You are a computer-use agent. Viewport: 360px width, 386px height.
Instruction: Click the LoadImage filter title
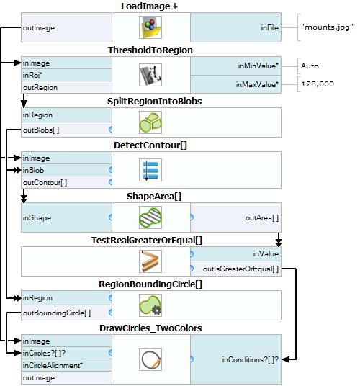click(x=145, y=6)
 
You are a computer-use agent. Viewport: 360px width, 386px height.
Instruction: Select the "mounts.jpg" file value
click(x=327, y=27)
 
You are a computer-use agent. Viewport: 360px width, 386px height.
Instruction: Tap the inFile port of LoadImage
click(x=270, y=27)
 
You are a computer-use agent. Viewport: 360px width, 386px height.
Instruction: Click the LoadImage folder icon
click(x=150, y=27)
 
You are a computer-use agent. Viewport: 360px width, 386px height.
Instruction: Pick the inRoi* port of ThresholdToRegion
click(x=32, y=75)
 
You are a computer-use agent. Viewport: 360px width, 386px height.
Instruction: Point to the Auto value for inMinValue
click(x=310, y=66)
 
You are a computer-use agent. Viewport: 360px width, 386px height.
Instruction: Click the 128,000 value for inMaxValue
click(x=318, y=84)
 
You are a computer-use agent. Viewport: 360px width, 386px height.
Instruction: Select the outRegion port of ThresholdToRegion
click(x=40, y=87)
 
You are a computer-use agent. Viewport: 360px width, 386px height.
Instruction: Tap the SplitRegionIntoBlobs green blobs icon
click(x=150, y=122)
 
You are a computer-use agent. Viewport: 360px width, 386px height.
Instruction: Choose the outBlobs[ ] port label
click(x=41, y=130)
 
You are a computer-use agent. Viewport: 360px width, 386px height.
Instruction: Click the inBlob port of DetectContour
click(x=33, y=170)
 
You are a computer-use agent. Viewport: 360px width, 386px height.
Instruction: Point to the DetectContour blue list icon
click(x=150, y=170)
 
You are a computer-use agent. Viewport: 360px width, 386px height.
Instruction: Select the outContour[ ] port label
click(x=45, y=182)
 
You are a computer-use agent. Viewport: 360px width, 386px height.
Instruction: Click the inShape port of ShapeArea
click(x=37, y=217)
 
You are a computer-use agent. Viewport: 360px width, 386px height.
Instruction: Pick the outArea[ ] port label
click(x=262, y=218)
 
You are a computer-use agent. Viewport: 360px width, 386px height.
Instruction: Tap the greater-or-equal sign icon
click(x=150, y=261)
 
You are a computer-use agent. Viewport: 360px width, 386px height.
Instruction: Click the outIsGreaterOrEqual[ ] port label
click(x=241, y=269)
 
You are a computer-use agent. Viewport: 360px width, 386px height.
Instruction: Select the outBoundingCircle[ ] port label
click(x=57, y=313)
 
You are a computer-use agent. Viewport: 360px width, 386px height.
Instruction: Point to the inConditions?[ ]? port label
click(x=251, y=359)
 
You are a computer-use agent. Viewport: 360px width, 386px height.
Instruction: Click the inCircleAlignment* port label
click(x=53, y=365)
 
